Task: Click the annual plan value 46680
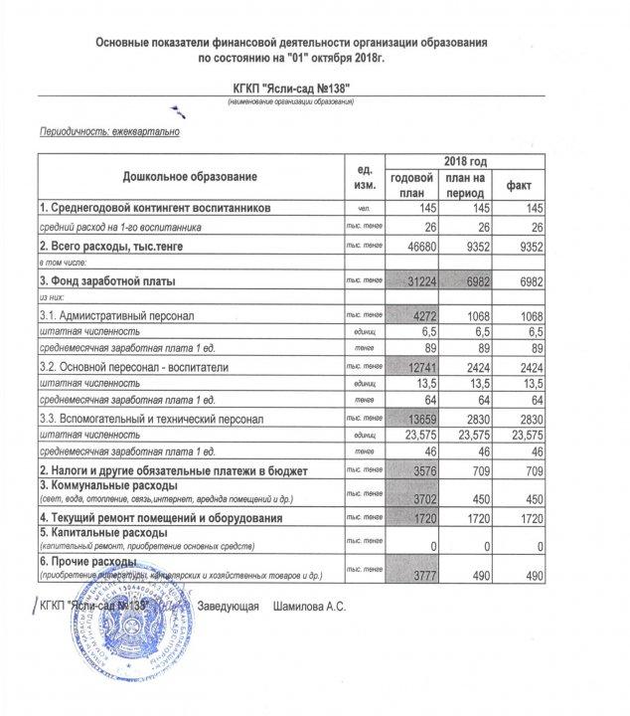(412, 244)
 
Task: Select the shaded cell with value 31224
(412, 281)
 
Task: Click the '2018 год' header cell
(465, 161)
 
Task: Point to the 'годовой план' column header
(412, 185)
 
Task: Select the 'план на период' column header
(465, 185)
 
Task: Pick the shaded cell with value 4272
(412, 315)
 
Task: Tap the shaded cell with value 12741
(412, 367)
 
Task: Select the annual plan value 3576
(412, 468)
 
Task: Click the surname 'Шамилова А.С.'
(309, 606)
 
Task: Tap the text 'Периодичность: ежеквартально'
(109, 131)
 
